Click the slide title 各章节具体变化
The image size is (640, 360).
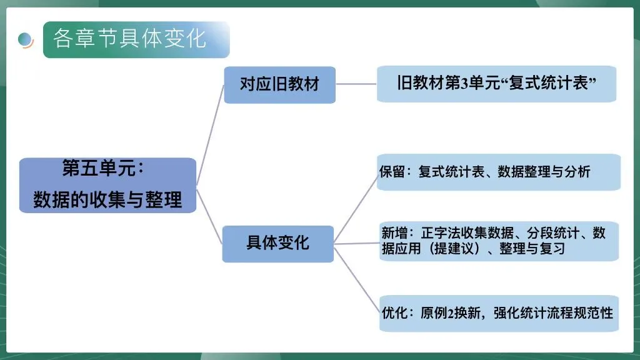pos(129,39)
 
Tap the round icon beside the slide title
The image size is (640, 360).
pos(26,40)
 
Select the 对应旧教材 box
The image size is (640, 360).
pos(279,84)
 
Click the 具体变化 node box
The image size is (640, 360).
pos(277,242)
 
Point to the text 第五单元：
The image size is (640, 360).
pos(103,169)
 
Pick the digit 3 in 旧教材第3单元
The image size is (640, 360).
pos(464,83)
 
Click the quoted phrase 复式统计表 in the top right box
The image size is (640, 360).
pos(549,83)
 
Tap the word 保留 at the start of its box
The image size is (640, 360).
pos(391,172)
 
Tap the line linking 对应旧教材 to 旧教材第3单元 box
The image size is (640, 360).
pos(356,84)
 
